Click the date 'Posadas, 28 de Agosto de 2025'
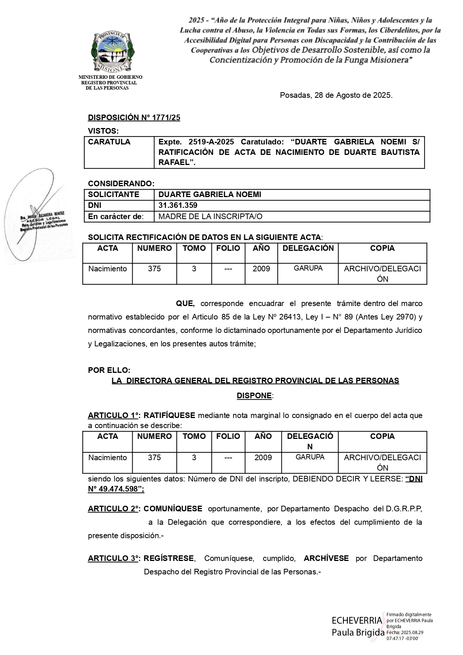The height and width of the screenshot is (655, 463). pos(336,95)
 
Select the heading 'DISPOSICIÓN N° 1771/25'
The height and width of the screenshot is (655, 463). pos(134,118)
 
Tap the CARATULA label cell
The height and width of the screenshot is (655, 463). pos(109,142)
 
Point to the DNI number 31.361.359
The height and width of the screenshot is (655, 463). pos(178,205)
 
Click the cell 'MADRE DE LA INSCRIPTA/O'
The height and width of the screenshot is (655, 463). pos(210,216)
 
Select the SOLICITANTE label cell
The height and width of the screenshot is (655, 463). pos(113,194)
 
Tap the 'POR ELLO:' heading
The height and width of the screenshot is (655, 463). pos(109,370)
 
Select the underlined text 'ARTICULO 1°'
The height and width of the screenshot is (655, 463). pos(113,415)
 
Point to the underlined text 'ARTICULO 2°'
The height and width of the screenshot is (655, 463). pos(113,509)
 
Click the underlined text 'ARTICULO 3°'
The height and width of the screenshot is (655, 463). pos(113,558)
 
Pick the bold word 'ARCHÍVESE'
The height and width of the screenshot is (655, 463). pos(326,558)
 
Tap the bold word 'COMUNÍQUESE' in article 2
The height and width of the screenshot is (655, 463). pos(173,509)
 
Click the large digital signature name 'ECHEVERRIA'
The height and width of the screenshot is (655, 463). pos(357,620)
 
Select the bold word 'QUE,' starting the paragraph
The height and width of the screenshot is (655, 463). pos(185,303)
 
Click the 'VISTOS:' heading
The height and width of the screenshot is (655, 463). pos(103,131)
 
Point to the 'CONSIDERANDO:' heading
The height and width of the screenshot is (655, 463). pos(121,184)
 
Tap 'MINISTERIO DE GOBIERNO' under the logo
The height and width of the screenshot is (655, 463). pos(110,77)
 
